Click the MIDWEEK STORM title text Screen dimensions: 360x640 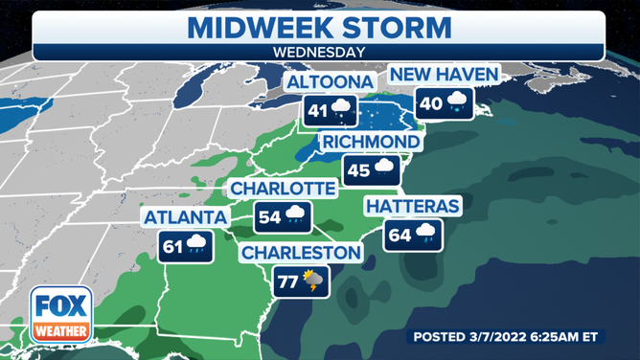point(320,25)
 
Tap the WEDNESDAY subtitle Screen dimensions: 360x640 point(320,53)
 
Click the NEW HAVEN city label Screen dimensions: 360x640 point(442,75)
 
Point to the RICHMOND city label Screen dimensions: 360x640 point(371,143)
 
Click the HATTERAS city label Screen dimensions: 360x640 point(414,206)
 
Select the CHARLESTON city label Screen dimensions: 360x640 point(301,253)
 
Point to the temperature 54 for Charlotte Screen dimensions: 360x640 point(270,217)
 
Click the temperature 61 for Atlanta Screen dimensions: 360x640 point(173,245)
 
